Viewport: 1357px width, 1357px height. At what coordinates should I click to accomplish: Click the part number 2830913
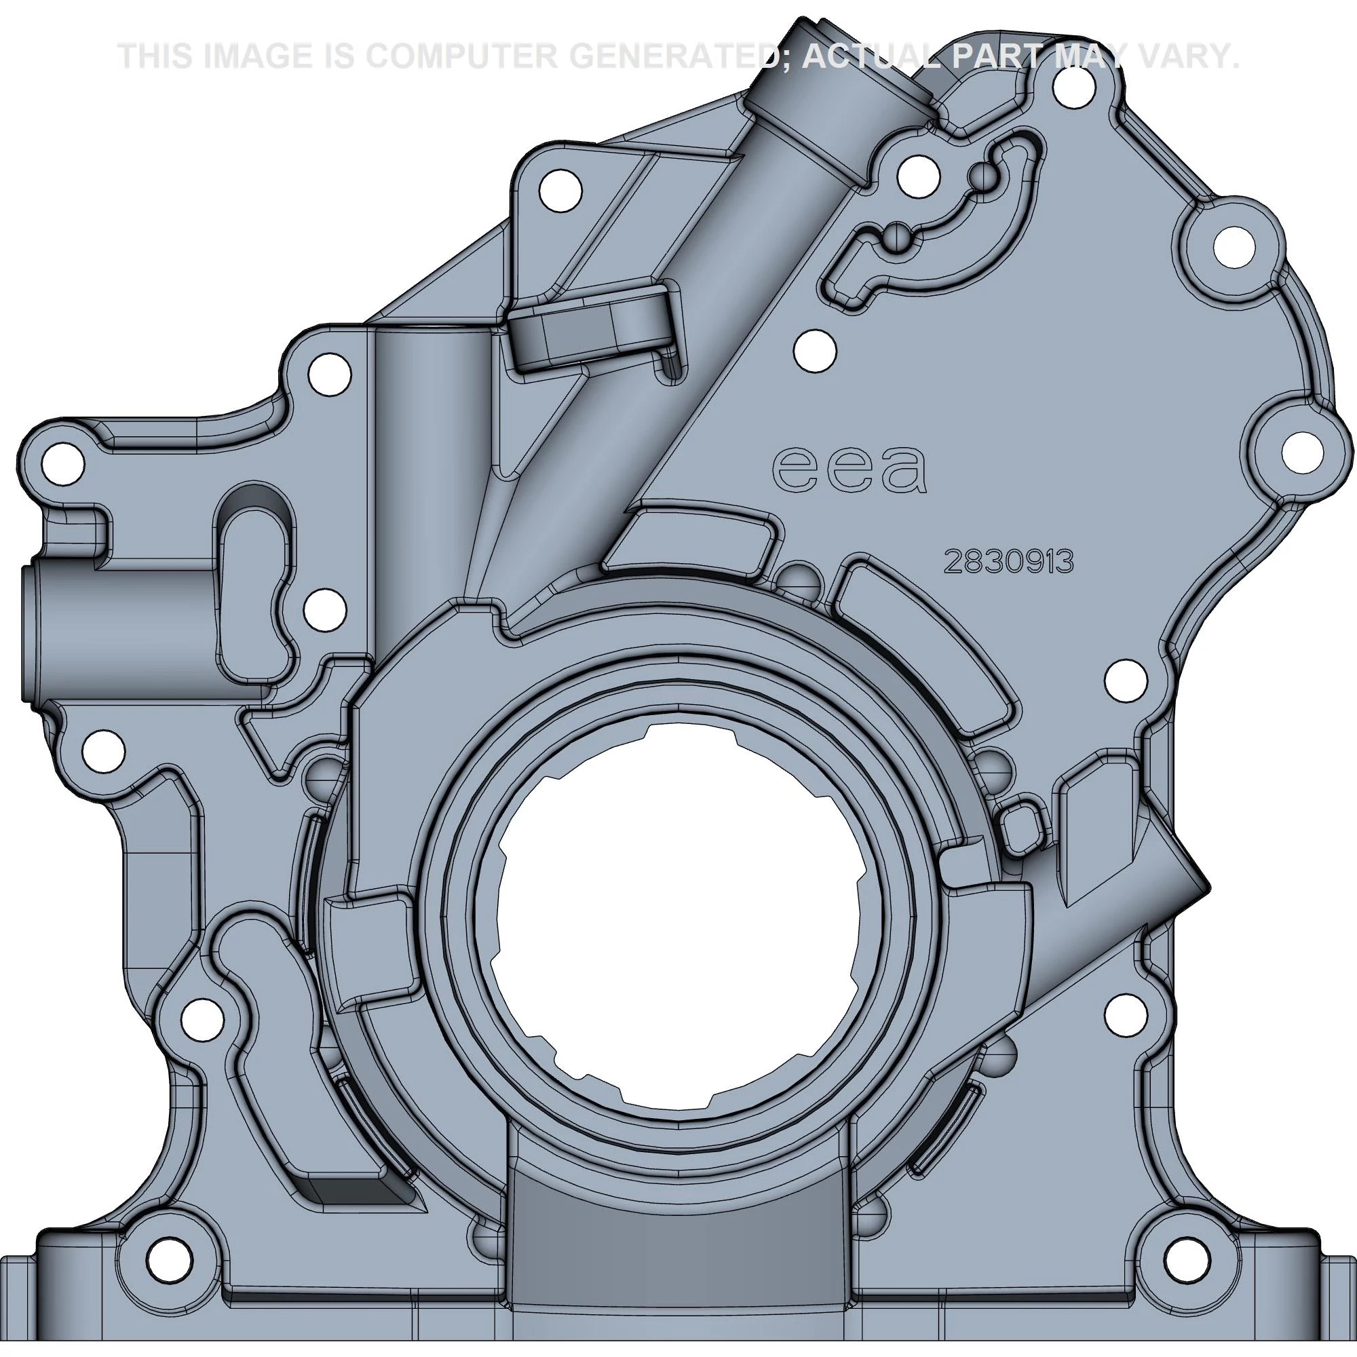tap(1010, 562)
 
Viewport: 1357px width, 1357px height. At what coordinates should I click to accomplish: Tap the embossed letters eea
tap(849, 470)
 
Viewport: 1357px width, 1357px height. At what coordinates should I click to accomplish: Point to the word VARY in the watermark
tap(1187, 56)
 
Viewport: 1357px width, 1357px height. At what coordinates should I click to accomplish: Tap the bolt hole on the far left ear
tap(62, 464)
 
